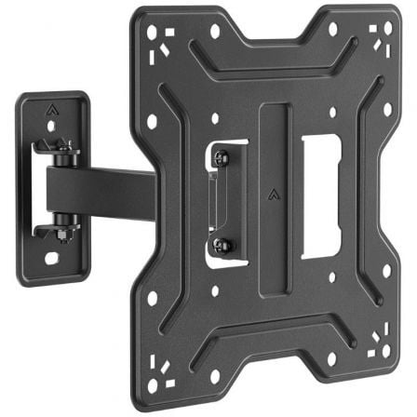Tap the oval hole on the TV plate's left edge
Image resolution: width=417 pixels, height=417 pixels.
tap(152, 122)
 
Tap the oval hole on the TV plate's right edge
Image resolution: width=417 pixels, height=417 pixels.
tap(387, 109)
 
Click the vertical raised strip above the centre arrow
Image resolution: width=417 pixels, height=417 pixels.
tap(271, 140)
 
